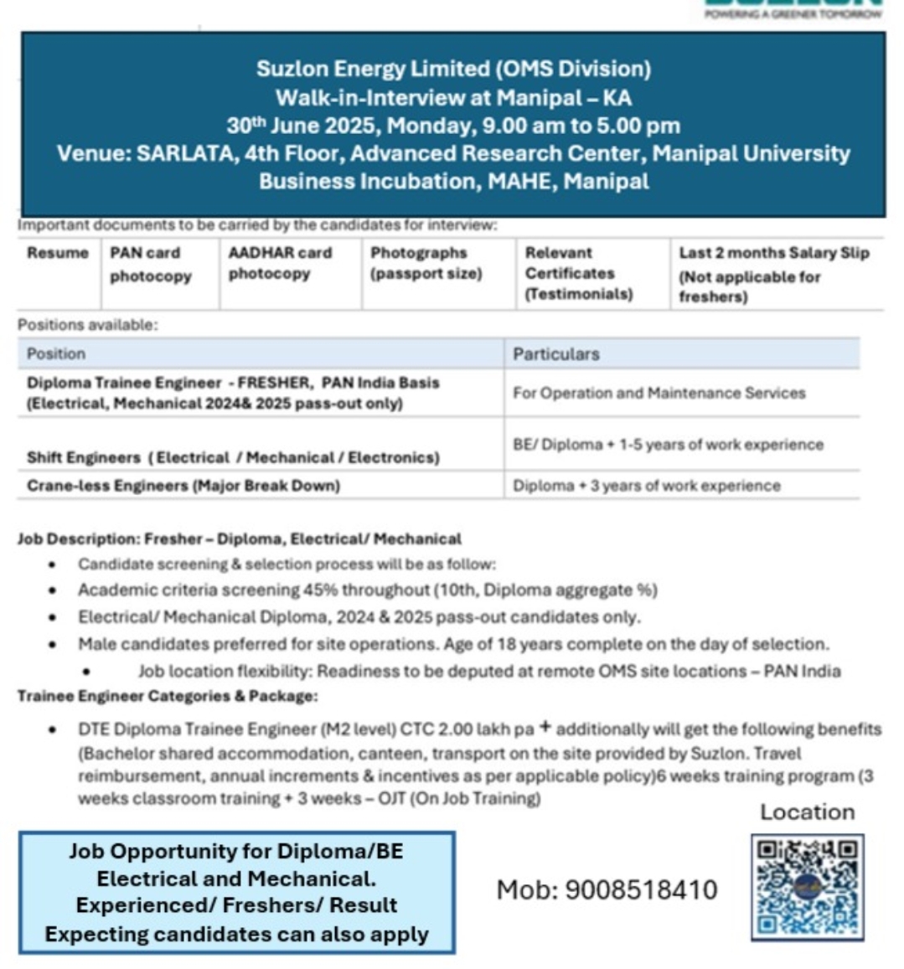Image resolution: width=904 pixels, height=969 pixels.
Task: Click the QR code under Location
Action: pos(807,887)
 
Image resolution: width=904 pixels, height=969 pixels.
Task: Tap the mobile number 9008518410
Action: pos(607,889)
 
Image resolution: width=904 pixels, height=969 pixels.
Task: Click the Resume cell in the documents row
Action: pos(57,253)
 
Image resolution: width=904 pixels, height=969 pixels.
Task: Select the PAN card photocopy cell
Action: pos(151,264)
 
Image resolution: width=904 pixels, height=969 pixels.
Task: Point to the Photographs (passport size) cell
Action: pos(426,262)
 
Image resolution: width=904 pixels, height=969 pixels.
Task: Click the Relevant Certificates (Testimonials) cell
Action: pos(579,273)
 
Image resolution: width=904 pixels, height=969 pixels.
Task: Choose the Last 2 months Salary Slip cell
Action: pos(773,274)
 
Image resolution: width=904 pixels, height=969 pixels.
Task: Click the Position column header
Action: pos(56,353)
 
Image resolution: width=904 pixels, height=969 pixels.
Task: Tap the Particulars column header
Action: pos(556,353)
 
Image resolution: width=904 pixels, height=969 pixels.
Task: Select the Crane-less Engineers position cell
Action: pos(183,486)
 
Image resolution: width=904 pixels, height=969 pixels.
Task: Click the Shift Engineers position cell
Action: pos(233,457)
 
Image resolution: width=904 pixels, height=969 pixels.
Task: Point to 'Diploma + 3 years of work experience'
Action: pos(646,486)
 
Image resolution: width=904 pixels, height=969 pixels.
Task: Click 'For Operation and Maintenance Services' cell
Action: pos(659,393)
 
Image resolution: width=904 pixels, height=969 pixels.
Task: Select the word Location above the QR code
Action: pos(807,812)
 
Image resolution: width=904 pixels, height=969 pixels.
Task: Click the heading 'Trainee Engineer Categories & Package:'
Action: pos(168,696)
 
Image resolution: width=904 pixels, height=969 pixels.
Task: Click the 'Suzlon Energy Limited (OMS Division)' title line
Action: pos(453,69)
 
